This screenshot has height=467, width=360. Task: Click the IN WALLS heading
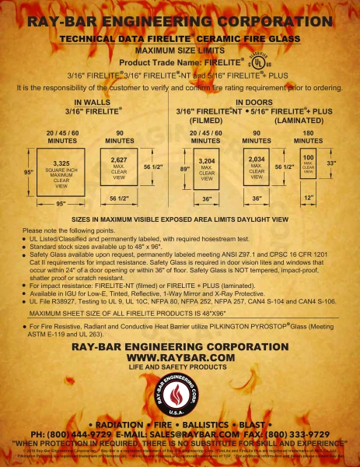(90, 103)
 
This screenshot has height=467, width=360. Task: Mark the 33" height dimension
(332, 163)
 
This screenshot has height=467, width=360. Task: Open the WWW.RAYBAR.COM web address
(180, 356)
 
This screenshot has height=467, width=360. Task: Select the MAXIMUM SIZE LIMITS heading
(180, 49)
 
